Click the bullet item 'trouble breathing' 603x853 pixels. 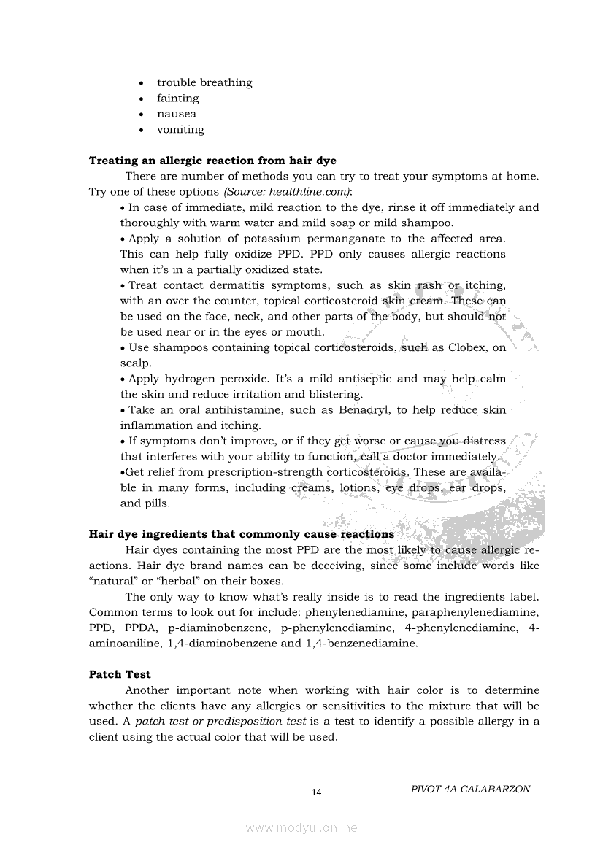(x=204, y=82)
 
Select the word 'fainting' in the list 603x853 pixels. (x=177, y=99)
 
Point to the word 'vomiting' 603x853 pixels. (x=180, y=130)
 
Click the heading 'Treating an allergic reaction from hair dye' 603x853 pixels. (x=212, y=161)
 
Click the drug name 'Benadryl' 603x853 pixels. (x=366, y=410)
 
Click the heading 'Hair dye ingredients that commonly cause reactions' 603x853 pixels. (x=241, y=534)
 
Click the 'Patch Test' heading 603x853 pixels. (x=120, y=674)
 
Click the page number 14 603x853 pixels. (x=316, y=792)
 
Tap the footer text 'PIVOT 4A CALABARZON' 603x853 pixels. (x=470, y=790)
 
